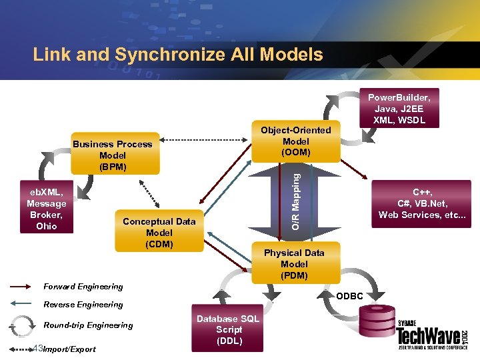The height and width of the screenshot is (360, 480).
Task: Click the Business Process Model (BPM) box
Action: (x=113, y=155)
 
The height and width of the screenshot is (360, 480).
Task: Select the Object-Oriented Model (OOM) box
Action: (x=295, y=141)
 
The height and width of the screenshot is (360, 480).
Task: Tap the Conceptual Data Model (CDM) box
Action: (x=159, y=233)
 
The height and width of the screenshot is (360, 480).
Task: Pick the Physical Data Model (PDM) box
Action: (x=294, y=263)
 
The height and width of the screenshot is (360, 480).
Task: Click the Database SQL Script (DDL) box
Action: (x=229, y=330)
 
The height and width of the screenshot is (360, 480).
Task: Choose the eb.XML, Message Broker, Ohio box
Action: (x=47, y=209)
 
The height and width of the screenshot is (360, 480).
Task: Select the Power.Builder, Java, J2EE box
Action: (x=399, y=107)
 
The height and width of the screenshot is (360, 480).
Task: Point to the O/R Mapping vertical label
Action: (x=295, y=201)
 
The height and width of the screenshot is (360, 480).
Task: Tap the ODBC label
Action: (x=349, y=296)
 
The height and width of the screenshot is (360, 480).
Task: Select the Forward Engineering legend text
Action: (x=83, y=287)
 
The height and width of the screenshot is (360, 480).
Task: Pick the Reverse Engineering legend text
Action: (x=83, y=305)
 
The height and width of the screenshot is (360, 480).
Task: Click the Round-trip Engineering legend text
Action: (x=88, y=325)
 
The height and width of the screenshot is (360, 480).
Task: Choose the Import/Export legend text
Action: (x=69, y=349)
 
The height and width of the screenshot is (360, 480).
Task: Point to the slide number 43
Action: (x=37, y=349)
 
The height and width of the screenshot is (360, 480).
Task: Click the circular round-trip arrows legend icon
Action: (x=21, y=325)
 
